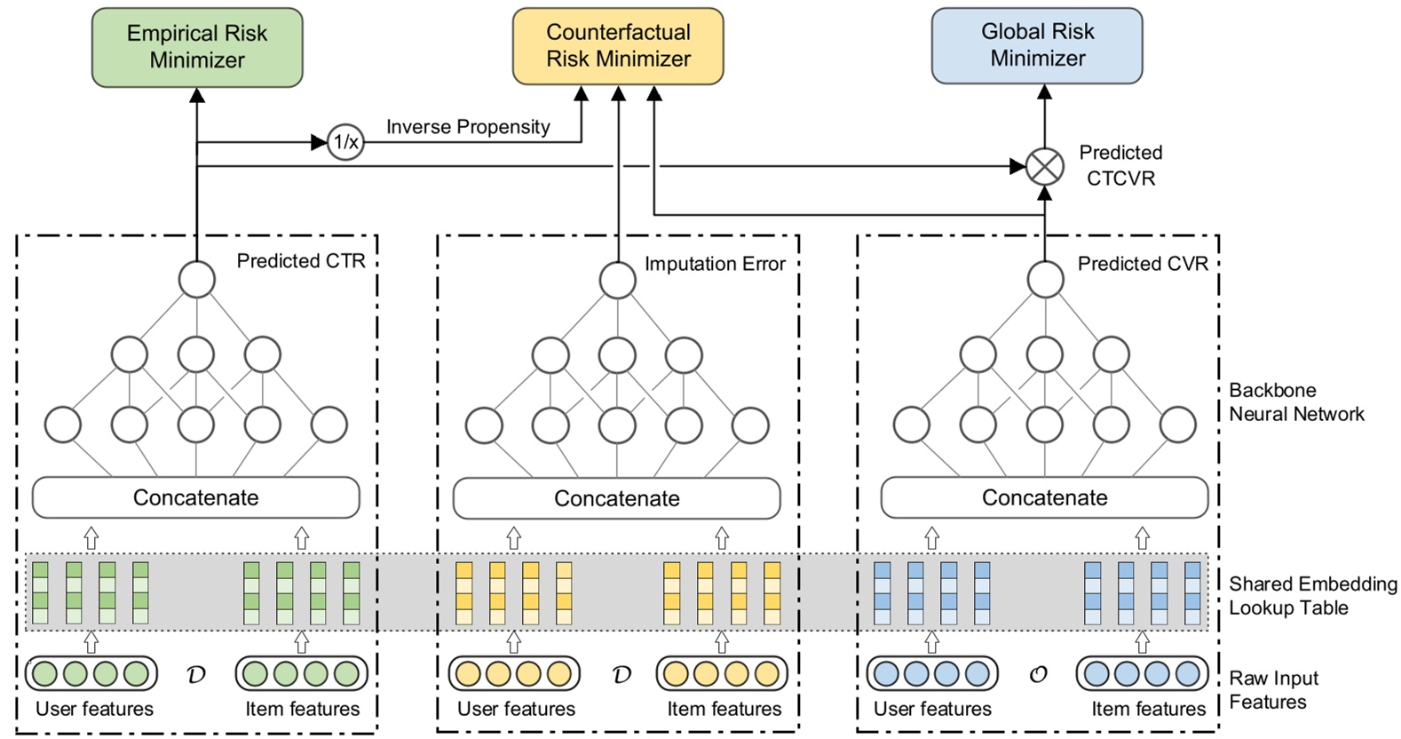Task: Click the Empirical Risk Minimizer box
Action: pyautogui.click(x=197, y=47)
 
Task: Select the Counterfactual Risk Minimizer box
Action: pyautogui.click(x=618, y=46)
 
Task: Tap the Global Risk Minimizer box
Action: pyautogui.click(x=1037, y=45)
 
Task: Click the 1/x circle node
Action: pyautogui.click(x=345, y=142)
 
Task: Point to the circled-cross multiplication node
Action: pyautogui.click(x=1045, y=166)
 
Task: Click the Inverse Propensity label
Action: pyautogui.click(x=468, y=127)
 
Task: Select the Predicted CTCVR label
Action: pyautogui.click(x=1120, y=165)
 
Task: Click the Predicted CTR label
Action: pyautogui.click(x=301, y=261)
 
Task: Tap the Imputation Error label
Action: pyautogui.click(x=715, y=264)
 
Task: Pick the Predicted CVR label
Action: pyautogui.click(x=1143, y=264)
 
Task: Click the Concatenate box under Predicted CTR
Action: pyautogui.click(x=196, y=497)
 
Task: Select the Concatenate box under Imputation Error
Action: pyautogui.click(x=617, y=498)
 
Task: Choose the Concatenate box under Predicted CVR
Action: pyautogui.click(x=1045, y=497)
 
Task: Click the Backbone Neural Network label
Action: pyautogui.click(x=1296, y=402)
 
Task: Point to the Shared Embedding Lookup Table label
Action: pyautogui.click(x=1312, y=596)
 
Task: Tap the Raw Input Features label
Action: pyautogui.click(x=1273, y=690)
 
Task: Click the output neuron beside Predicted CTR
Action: pyautogui.click(x=197, y=279)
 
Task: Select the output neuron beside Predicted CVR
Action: pyautogui.click(x=1045, y=279)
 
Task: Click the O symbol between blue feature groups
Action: pyautogui.click(x=1037, y=675)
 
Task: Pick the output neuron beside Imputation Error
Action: pyautogui.click(x=617, y=280)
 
